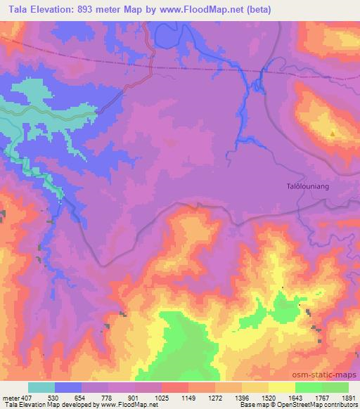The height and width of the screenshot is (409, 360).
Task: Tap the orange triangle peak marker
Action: click(x=333, y=133)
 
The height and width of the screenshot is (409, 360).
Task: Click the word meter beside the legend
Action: click(x=11, y=398)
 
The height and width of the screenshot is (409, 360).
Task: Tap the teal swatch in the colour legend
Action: click(x=41, y=387)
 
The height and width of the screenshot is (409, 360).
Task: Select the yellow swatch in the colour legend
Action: click(x=281, y=387)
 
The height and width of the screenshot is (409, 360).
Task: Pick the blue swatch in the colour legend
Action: click(x=68, y=387)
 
